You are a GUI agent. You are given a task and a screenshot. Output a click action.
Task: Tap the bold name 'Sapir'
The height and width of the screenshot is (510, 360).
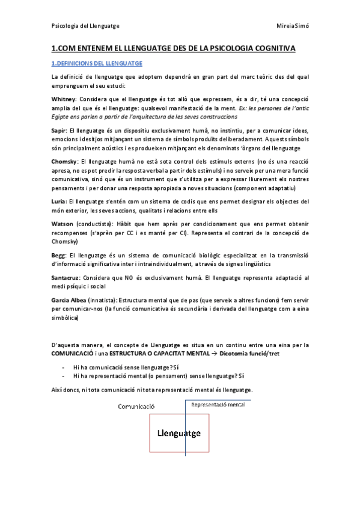click(59, 129)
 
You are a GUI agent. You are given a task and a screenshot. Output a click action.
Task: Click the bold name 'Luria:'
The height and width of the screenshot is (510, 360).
click(60, 201)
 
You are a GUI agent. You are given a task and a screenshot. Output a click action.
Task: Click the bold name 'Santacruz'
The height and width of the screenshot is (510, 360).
click(68, 278)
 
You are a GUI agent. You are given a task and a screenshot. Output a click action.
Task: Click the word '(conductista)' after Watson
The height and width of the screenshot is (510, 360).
click(98, 224)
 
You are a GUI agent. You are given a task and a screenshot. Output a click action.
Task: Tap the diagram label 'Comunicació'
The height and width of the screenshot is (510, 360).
click(136, 406)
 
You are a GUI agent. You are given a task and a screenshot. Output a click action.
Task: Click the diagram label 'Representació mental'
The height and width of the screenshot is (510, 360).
click(218, 405)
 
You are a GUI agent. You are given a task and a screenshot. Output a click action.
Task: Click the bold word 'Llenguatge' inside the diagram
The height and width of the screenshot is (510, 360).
click(179, 433)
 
